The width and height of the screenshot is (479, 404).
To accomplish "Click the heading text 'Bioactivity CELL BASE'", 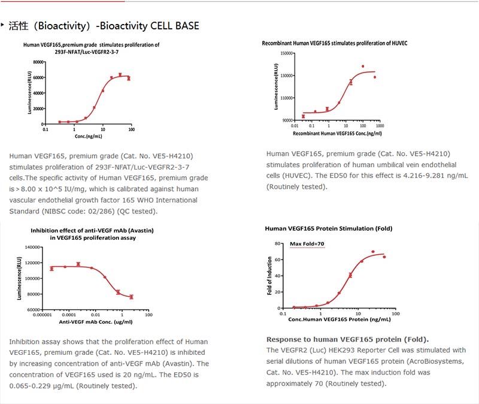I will click(150, 26).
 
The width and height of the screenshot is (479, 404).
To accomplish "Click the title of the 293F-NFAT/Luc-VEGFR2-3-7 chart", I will click(91, 48).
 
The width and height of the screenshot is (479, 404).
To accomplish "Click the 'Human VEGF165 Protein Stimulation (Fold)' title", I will click(329, 228).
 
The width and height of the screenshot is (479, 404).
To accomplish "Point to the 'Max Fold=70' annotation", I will click(307, 244).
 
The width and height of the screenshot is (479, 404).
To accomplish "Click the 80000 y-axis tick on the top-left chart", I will click(38, 62).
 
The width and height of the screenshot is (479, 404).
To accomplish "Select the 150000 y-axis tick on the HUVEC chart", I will click(284, 53).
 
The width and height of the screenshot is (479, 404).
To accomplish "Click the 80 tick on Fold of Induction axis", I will click(278, 243).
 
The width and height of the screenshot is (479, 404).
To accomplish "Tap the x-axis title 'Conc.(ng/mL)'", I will click(87, 136).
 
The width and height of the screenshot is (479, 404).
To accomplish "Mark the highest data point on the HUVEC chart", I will click(363, 67).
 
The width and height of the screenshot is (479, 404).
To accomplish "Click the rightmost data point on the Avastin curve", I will click(131, 297).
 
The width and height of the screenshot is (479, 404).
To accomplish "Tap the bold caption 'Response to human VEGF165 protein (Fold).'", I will click(347, 339).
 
